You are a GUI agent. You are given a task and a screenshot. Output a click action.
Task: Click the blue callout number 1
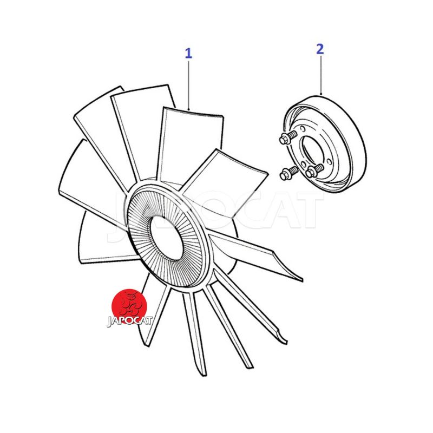[188, 53]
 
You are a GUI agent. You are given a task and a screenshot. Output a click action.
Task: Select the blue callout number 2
[320, 49]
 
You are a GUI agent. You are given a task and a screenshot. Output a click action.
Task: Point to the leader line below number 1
[188, 86]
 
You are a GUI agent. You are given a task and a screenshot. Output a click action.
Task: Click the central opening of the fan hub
[165, 238]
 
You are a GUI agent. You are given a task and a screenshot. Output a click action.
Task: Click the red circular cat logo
[129, 306]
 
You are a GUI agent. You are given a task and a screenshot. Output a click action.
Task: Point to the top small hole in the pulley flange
[303, 129]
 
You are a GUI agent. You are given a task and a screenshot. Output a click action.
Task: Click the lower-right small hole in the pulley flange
[329, 161]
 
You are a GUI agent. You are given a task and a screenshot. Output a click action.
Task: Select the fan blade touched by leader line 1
[191, 143]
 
